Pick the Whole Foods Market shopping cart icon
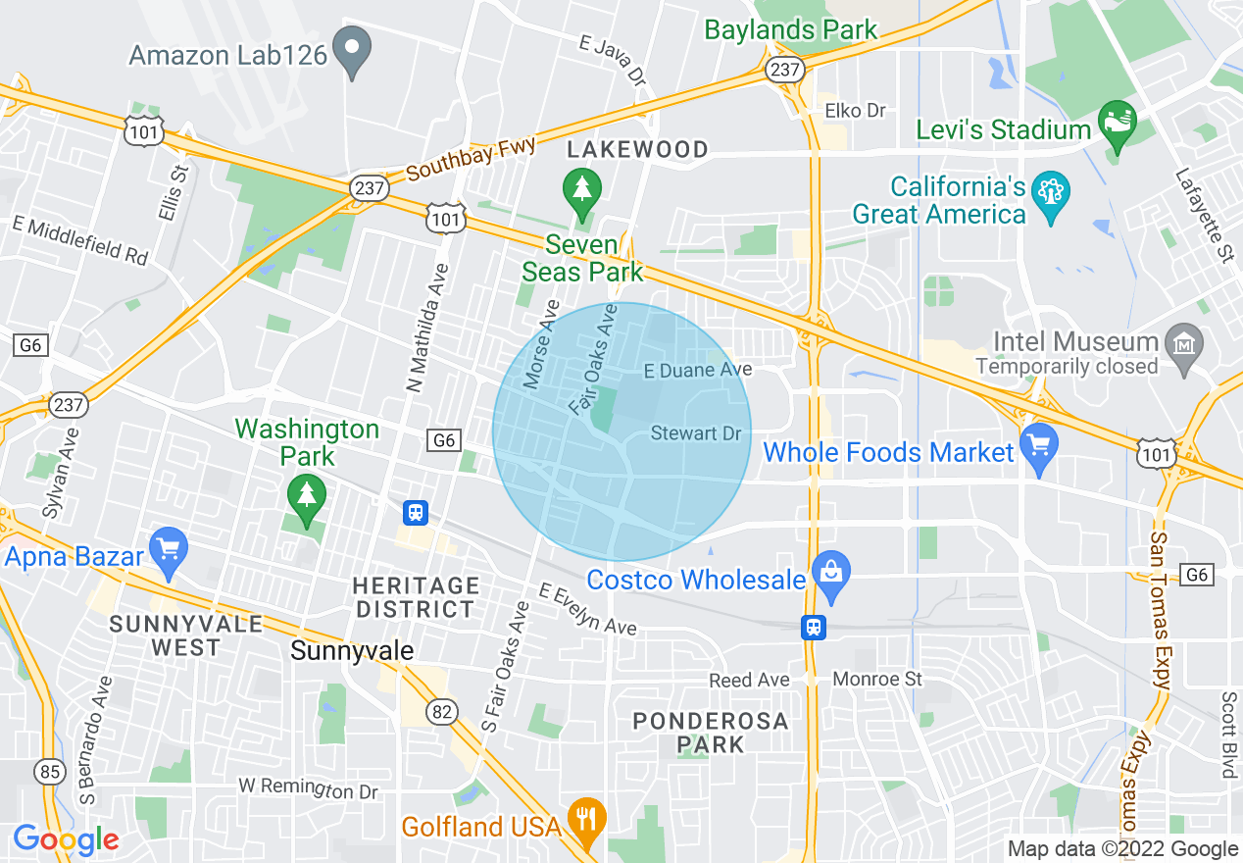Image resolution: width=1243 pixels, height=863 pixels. (x=1039, y=447)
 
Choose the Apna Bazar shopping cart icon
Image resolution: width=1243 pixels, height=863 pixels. (x=168, y=550)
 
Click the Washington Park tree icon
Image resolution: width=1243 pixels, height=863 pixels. (x=307, y=495)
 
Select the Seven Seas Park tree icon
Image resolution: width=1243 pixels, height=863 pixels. (x=582, y=190)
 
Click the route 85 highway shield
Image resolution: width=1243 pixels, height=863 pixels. (x=49, y=772)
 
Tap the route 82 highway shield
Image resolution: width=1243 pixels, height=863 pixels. (x=442, y=712)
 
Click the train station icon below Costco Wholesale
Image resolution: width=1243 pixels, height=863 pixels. (x=813, y=627)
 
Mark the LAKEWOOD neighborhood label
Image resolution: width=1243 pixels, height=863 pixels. (x=638, y=149)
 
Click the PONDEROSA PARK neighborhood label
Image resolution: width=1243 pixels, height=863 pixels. (x=711, y=734)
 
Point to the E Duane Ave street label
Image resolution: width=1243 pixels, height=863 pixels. (x=697, y=370)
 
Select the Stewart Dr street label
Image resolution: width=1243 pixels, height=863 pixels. (x=696, y=432)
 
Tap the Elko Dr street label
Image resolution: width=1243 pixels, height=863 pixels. (x=856, y=111)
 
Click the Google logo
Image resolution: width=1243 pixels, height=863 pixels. (x=66, y=839)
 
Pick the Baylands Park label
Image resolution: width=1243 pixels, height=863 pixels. (x=790, y=29)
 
